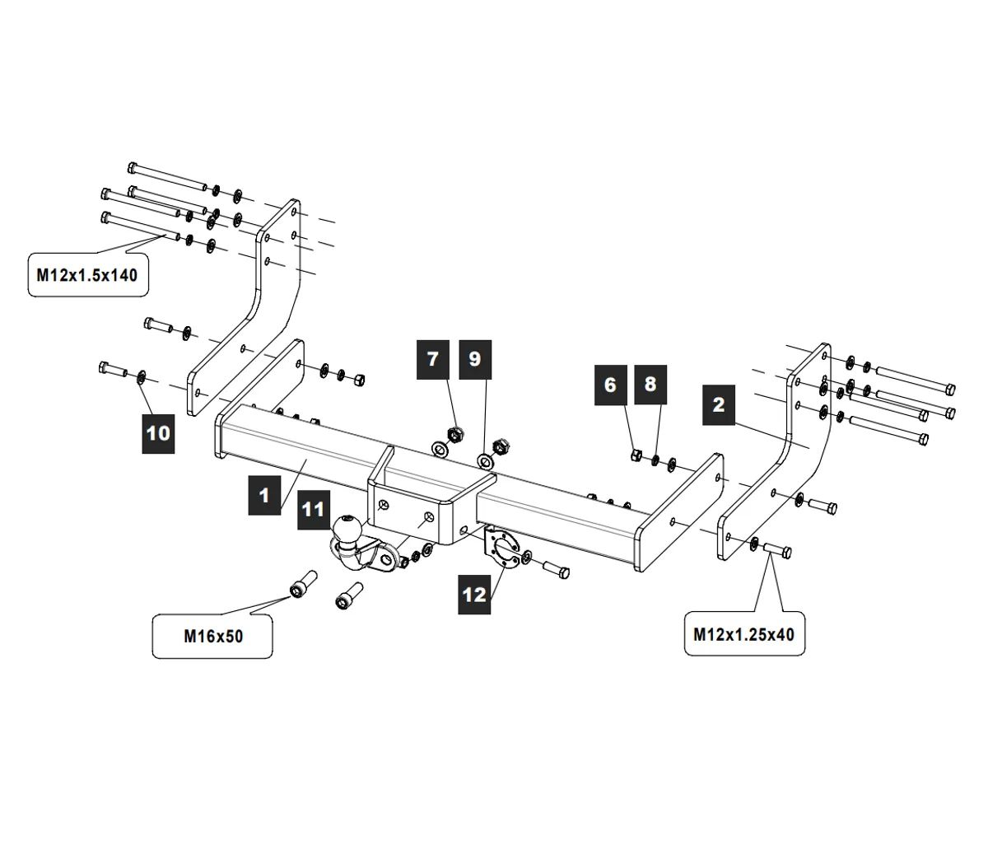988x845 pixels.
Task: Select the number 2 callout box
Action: (x=719, y=404)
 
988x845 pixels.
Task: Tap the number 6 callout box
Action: (x=610, y=385)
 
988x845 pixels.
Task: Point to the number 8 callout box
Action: (x=650, y=385)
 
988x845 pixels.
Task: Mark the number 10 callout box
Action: (x=159, y=432)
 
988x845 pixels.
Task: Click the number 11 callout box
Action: (x=314, y=510)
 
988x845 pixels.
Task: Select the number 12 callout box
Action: (x=475, y=593)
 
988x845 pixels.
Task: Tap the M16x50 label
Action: (x=213, y=636)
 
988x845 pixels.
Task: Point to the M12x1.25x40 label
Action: (x=744, y=634)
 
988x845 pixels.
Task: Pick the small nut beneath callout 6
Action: (x=636, y=454)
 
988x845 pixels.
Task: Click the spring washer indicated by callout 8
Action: (x=655, y=458)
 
